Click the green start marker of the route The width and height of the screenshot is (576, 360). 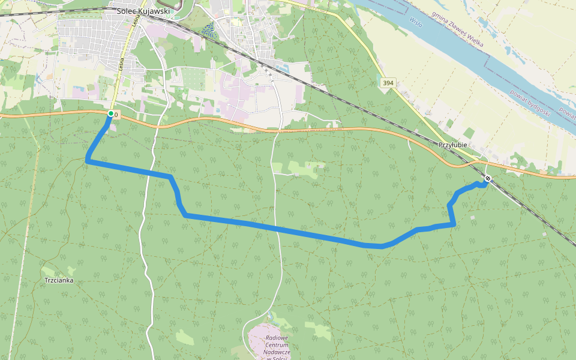pyautogui.click(x=110, y=113)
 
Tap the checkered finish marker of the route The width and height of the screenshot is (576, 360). pyautogui.click(x=488, y=178)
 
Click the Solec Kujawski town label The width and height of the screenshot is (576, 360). pyautogui.click(x=144, y=10)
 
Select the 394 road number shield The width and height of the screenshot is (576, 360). pyautogui.click(x=388, y=82)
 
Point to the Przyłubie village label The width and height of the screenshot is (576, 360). pyautogui.click(x=452, y=146)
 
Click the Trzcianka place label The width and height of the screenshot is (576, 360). pyautogui.click(x=59, y=280)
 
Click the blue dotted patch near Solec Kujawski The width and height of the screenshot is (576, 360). pyautogui.click(x=208, y=29)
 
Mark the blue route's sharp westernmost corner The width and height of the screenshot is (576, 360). pyautogui.click(x=88, y=161)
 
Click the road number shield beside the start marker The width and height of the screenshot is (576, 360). pyautogui.click(x=116, y=114)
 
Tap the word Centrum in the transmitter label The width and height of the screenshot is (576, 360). pyautogui.click(x=277, y=345)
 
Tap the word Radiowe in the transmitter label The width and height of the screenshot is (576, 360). pyautogui.click(x=277, y=338)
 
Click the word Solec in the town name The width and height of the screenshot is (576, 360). pyautogui.click(x=128, y=10)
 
